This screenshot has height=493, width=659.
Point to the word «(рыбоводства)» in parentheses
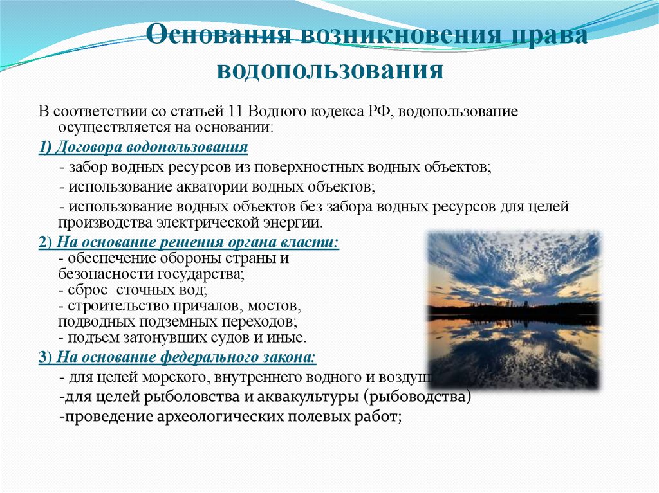(x=420, y=397)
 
